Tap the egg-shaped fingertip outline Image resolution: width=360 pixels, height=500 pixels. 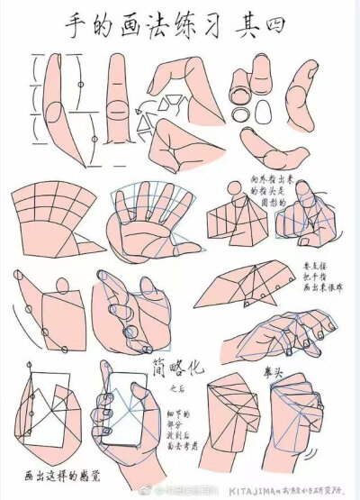(265, 111)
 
